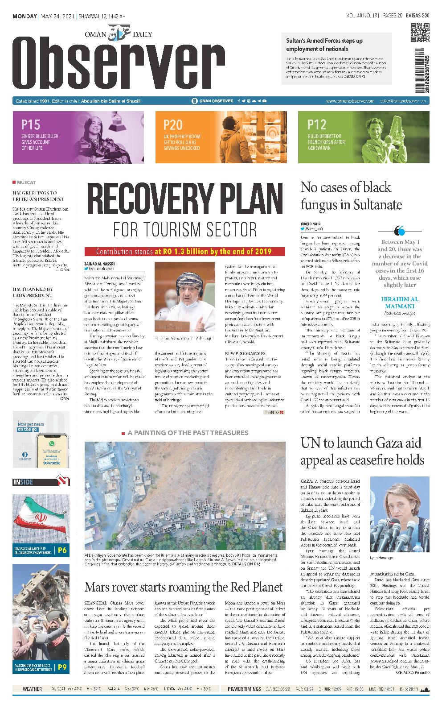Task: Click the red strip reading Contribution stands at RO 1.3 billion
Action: tap(184, 252)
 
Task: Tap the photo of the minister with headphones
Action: tap(184, 291)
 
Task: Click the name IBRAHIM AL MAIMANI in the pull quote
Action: tap(399, 302)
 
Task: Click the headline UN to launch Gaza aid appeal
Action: tap(362, 451)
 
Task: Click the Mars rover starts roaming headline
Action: tap(184, 586)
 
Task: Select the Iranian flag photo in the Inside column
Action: tap(41, 516)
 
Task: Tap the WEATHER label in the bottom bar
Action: tap(32, 689)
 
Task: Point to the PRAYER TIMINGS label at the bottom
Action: tap(244, 689)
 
